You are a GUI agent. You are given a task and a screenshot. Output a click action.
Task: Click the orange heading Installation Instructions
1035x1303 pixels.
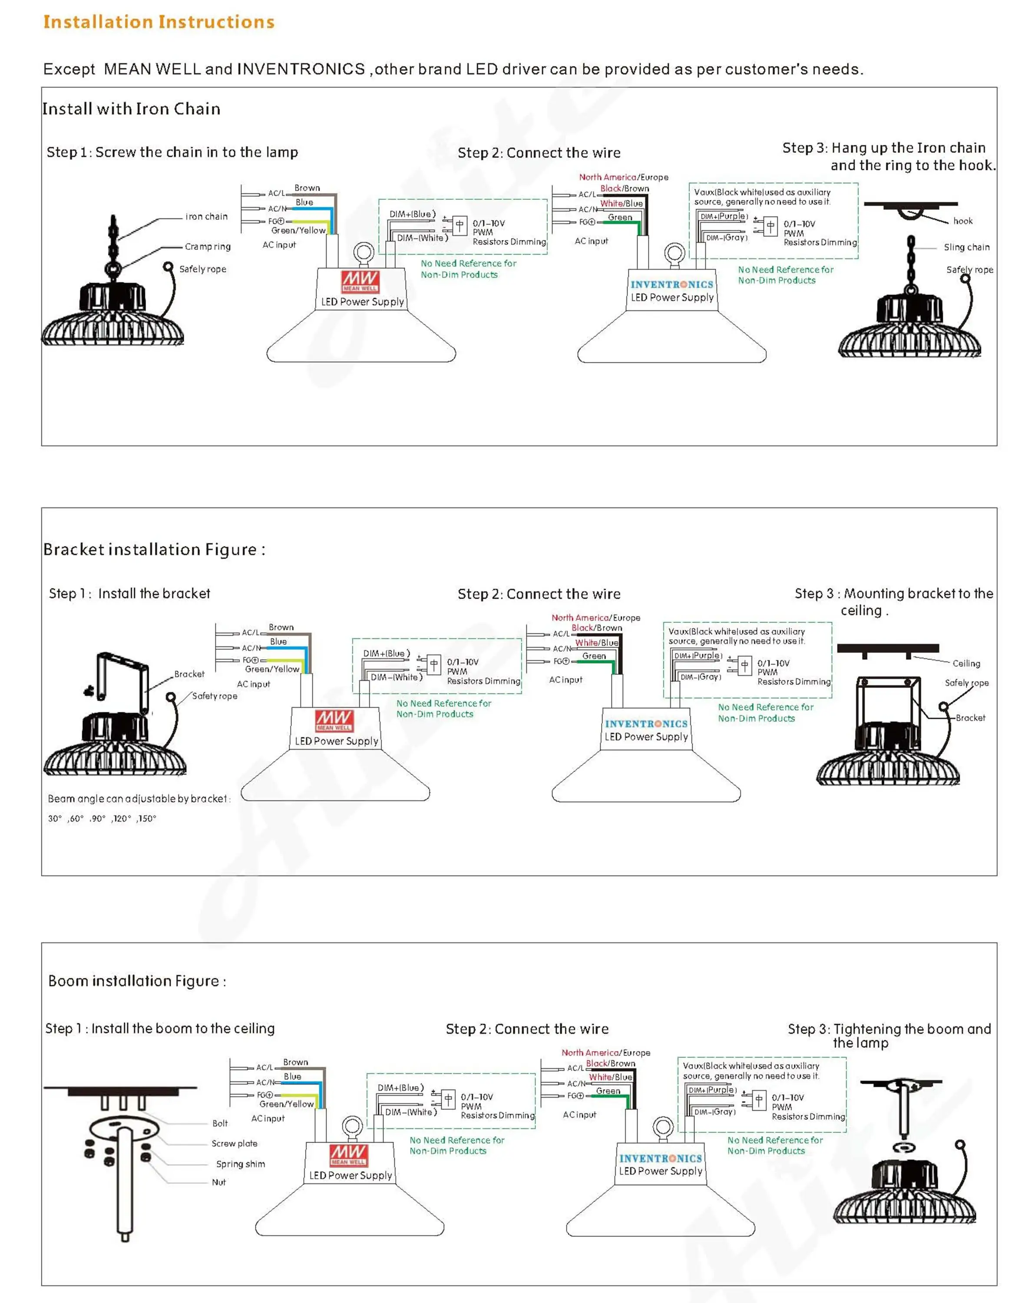[159, 22]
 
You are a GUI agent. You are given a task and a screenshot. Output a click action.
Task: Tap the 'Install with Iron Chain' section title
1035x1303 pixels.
[131, 109]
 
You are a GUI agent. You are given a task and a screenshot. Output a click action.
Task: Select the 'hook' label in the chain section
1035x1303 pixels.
[962, 221]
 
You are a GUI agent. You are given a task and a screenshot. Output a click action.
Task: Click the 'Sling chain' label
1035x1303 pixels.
[966, 247]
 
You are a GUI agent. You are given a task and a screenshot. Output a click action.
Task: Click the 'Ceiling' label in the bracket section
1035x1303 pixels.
[966, 664]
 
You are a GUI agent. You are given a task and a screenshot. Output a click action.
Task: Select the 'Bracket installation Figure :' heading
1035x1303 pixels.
[154, 549]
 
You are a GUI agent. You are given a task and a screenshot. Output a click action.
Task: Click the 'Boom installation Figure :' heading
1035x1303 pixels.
[137, 981]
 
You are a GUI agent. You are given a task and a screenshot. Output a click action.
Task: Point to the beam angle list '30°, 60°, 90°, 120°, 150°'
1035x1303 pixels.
[102, 819]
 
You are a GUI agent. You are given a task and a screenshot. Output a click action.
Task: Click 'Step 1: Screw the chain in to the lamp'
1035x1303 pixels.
[172, 152]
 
